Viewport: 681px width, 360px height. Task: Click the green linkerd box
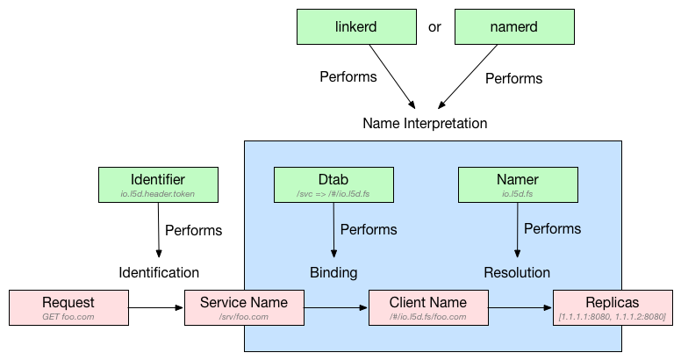[x=356, y=26]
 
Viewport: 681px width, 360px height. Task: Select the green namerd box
[x=514, y=26]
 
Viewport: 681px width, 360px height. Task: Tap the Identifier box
[x=158, y=184]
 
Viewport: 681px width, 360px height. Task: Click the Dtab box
[x=333, y=184]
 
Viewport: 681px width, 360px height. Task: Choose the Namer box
[x=518, y=184]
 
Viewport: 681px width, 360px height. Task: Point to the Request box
[x=68, y=307]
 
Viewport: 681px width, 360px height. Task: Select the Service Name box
[x=244, y=307]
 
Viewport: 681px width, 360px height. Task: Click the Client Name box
[x=428, y=307]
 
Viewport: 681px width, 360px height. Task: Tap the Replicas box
[x=612, y=307]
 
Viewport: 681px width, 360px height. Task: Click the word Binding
[x=333, y=272]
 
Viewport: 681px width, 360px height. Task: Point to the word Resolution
[x=517, y=272]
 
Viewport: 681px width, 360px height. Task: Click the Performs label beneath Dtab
[x=369, y=229]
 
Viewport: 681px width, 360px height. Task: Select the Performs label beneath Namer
[x=552, y=228]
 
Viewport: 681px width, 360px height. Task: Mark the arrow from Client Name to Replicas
[x=520, y=308]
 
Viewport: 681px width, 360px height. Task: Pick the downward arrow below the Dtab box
[x=334, y=230]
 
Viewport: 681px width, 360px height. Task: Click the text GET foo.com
[x=68, y=316]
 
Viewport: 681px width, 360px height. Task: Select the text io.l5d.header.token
[x=158, y=193]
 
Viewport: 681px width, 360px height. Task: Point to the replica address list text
[x=612, y=316]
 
